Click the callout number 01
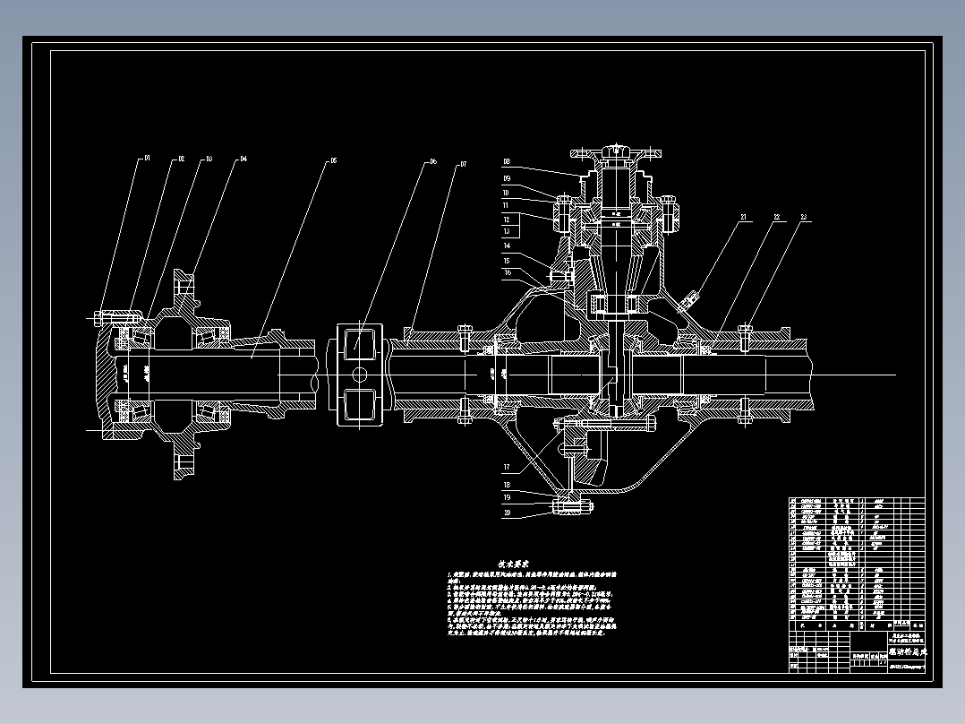pyautogui.click(x=147, y=158)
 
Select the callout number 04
pyautogui.click(x=242, y=159)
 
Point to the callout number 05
pyautogui.click(x=333, y=161)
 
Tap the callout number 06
pyautogui.click(x=432, y=162)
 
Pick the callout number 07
pyautogui.click(x=463, y=164)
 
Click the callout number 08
pyautogui.click(x=507, y=162)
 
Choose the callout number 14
pyautogui.click(x=507, y=246)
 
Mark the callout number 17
pyautogui.click(x=507, y=467)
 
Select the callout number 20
pyautogui.click(x=507, y=513)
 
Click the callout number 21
pyautogui.click(x=743, y=218)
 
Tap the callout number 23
pyautogui.click(x=804, y=218)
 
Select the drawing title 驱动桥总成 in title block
pyautogui.click(x=909, y=652)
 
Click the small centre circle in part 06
pyautogui.click(x=360, y=374)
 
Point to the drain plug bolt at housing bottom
pyautogui.click(x=570, y=508)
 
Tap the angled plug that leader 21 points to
pyautogui.click(x=692, y=295)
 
